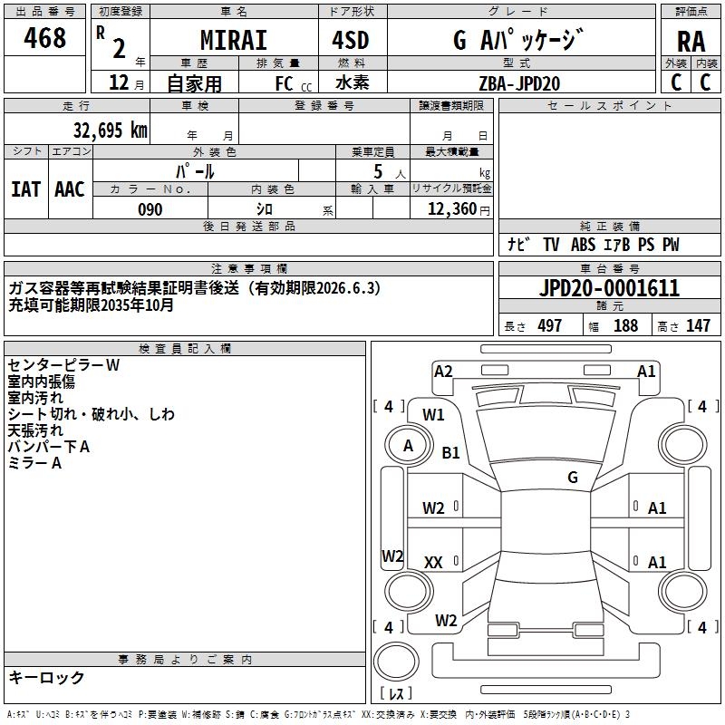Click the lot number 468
pyautogui.click(x=45, y=39)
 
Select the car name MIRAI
pyautogui.click(x=233, y=41)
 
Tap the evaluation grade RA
pyautogui.click(x=691, y=41)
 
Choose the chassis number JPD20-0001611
pyautogui.click(x=609, y=289)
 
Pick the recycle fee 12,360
pyautogui.click(x=451, y=209)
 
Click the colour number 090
pyautogui.click(x=150, y=209)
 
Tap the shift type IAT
pyautogui.click(x=26, y=188)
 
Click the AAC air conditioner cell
pyautogui.click(x=70, y=188)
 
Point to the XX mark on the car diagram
pyautogui.click(x=433, y=563)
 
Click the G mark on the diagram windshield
pyautogui.click(x=573, y=477)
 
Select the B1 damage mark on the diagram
pyautogui.click(x=450, y=452)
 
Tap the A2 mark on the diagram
pyautogui.click(x=443, y=370)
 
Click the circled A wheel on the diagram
pyautogui.click(x=408, y=445)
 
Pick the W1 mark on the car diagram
pyautogui.click(x=434, y=414)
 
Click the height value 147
pyautogui.click(x=698, y=325)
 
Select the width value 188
pyautogui.click(x=626, y=325)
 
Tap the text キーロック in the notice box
pyautogui.click(x=46, y=677)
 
